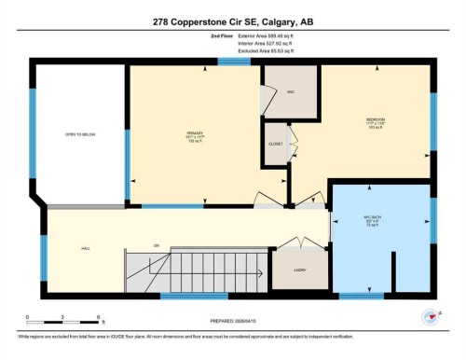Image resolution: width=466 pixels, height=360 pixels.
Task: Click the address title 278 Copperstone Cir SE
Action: coord(232,20)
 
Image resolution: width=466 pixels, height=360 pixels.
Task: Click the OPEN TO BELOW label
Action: coord(79,134)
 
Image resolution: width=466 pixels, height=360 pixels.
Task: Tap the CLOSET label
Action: coord(277,145)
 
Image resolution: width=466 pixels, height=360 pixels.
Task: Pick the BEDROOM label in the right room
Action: coord(376,121)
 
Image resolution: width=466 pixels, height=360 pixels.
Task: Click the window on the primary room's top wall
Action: coord(228,62)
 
